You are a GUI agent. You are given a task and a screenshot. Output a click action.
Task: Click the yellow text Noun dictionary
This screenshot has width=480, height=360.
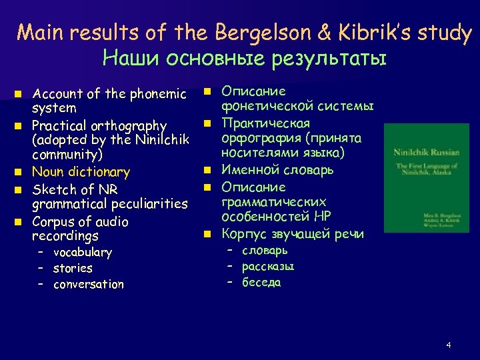point(81,172)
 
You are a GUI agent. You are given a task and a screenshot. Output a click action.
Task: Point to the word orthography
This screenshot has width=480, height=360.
point(129,125)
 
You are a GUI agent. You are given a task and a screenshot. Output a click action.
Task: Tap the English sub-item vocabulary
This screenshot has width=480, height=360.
point(83,253)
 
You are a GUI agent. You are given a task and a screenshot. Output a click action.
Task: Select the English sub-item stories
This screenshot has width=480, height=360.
point(73,268)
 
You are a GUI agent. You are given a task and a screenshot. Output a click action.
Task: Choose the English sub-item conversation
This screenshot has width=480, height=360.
point(89,285)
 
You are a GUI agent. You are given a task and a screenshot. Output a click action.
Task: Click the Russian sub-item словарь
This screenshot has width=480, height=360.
point(265,251)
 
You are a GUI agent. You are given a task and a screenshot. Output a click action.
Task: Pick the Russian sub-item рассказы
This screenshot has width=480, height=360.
point(268,267)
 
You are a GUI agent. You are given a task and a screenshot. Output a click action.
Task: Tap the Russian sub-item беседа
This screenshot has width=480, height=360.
point(261,283)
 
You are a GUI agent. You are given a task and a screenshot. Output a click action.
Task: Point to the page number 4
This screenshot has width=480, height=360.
point(449,345)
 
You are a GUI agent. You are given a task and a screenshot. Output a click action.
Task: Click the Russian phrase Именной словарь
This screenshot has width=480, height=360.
point(277,170)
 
